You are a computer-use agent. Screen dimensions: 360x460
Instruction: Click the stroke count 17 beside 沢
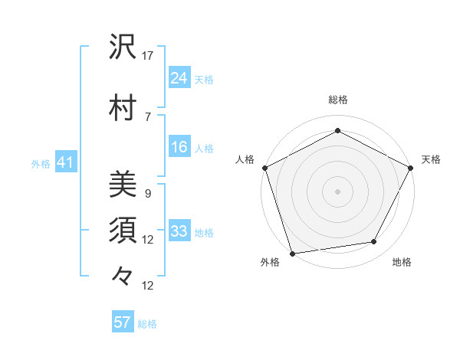148,56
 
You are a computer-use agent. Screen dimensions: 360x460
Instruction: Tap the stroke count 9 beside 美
148,194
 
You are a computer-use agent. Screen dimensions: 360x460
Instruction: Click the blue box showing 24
179,77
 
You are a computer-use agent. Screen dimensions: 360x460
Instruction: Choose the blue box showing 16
179,147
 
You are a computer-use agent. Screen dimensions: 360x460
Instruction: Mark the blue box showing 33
179,231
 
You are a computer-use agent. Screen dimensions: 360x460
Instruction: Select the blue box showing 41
65,162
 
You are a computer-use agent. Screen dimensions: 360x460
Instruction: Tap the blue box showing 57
123,322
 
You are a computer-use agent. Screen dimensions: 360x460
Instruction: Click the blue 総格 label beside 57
147,324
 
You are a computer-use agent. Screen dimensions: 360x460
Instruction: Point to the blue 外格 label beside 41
41,164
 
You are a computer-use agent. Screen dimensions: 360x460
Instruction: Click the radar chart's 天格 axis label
431,159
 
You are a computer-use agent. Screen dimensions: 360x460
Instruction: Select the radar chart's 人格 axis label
245,159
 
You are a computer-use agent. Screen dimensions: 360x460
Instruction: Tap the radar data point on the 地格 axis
374,242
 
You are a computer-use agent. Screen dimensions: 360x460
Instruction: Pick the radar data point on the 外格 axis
292,253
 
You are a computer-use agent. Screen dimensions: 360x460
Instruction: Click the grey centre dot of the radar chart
337,191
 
